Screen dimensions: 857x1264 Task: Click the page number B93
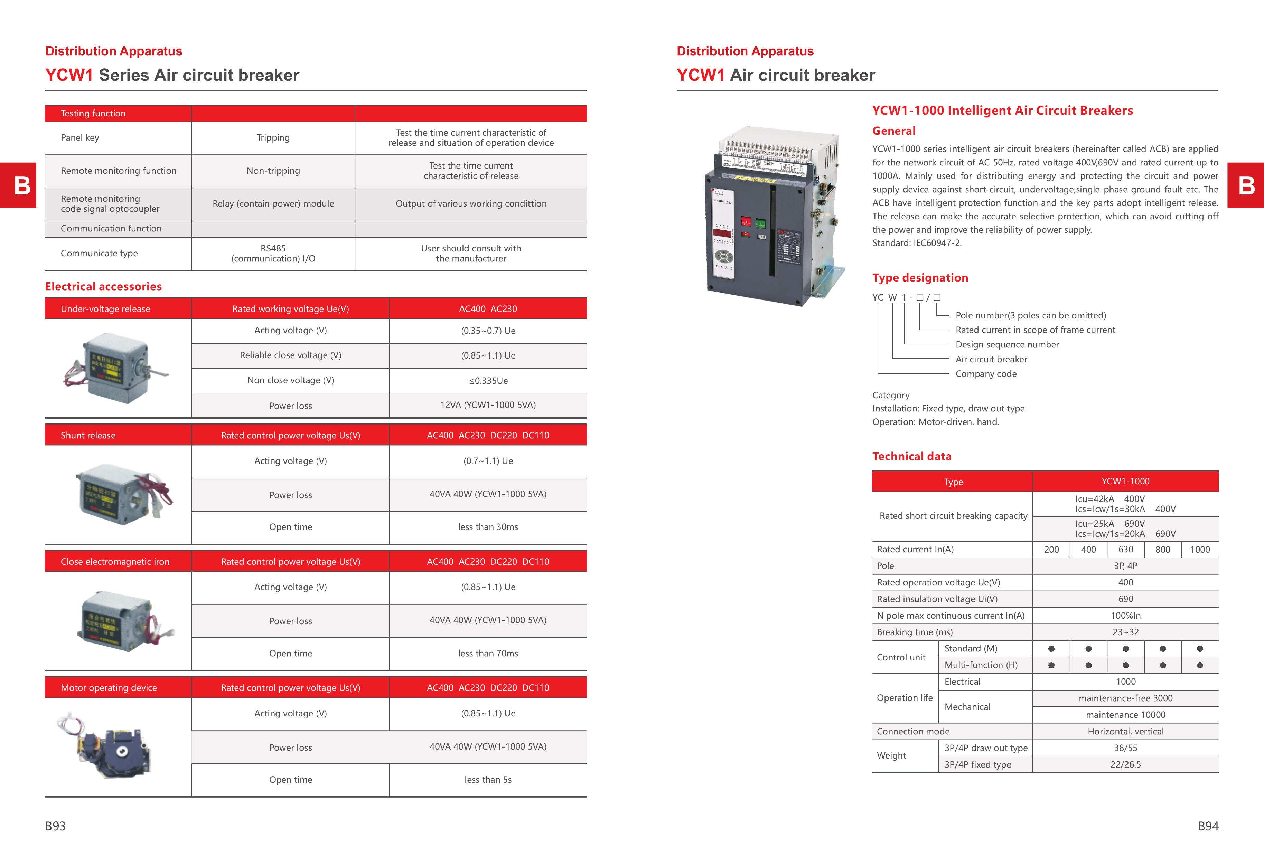coord(56,826)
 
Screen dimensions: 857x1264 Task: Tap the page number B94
coord(1208,826)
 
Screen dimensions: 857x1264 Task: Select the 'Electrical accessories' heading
coord(103,286)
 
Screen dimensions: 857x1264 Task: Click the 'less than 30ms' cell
coord(488,526)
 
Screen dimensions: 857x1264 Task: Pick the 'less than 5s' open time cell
coord(488,779)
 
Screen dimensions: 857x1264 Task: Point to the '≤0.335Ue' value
coord(488,380)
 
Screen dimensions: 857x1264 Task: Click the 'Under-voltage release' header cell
coord(105,309)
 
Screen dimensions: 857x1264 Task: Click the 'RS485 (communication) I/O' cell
coord(273,253)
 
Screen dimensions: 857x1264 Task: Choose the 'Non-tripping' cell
coord(273,171)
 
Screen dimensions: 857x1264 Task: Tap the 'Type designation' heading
coord(920,278)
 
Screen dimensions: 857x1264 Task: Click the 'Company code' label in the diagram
coord(985,374)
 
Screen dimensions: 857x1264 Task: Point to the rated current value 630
coord(1125,550)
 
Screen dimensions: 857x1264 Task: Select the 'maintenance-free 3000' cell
coord(1125,698)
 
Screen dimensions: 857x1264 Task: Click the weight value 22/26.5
coord(1125,765)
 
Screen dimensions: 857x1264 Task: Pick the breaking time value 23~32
coord(1125,632)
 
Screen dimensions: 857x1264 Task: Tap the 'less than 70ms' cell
coord(488,653)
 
